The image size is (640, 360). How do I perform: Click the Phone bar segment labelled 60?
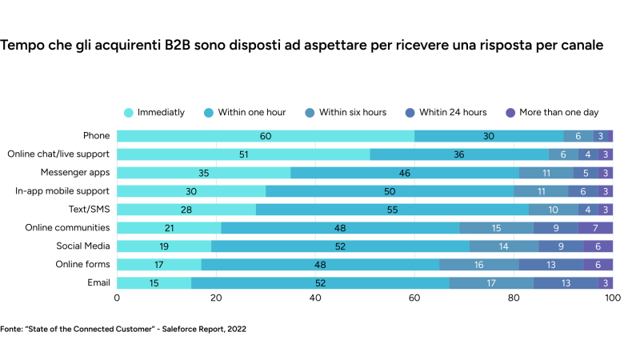click(266, 136)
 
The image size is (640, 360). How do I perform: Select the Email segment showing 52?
click(320, 282)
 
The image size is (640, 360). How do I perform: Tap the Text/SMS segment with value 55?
click(392, 210)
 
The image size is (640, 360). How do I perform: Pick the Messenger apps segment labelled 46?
click(405, 173)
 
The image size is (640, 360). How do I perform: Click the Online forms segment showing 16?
click(478, 264)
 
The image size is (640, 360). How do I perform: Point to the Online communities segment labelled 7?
click(595, 228)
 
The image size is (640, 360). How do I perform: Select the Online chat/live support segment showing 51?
click(243, 154)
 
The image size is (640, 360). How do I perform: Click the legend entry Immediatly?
click(155, 112)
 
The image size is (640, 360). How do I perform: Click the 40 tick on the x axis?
click(315, 298)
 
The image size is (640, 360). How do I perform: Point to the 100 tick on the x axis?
click(612, 298)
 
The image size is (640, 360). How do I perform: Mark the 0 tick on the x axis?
click(118, 298)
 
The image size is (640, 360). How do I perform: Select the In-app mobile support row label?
click(62, 191)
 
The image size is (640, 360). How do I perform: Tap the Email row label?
click(98, 282)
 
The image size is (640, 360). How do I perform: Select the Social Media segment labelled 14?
click(503, 246)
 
